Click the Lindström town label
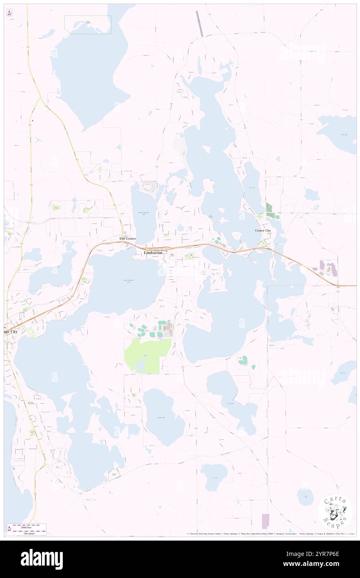click(153, 252)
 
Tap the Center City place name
click(263, 230)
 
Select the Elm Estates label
click(128, 238)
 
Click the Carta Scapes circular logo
click(335, 511)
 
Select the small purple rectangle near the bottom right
click(265, 521)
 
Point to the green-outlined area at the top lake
click(88, 25)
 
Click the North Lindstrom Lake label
click(143, 213)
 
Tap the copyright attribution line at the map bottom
click(270, 534)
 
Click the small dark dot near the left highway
click(32, 121)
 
